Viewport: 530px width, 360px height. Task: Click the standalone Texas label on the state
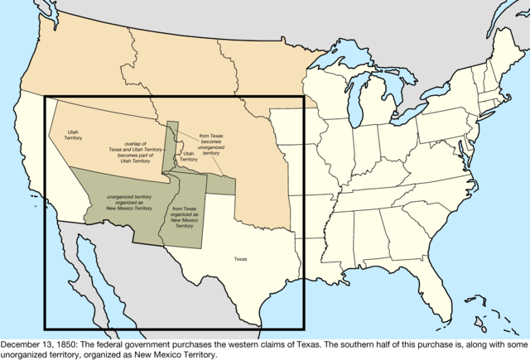pyautogui.click(x=240, y=259)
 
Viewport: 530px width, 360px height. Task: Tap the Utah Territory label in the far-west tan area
pyautogui.click(x=74, y=135)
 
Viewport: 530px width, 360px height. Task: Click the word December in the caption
pyautogui.click(x=25, y=342)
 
